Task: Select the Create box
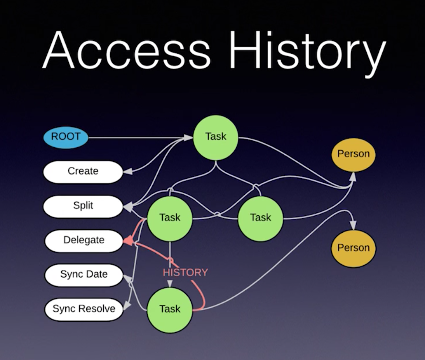(x=83, y=172)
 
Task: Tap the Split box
(x=83, y=206)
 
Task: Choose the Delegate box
(x=84, y=241)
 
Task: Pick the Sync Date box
(x=84, y=275)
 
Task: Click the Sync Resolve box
(x=84, y=309)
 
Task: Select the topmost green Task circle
(x=216, y=138)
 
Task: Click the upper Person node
(x=354, y=155)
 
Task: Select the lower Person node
(x=354, y=248)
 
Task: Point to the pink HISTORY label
(x=186, y=272)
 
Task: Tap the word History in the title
(x=307, y=53)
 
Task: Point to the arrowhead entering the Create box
(x=128, y=171)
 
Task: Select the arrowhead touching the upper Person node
(x=353, y=177)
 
